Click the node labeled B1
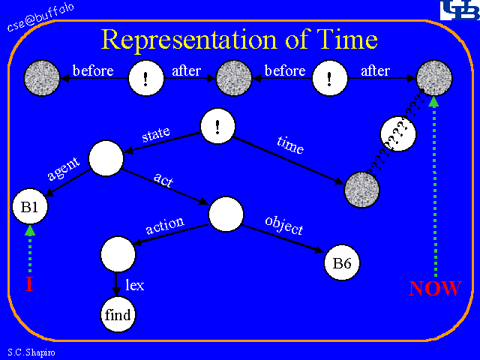click(29, 207)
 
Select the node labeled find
click(118, 313)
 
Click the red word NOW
click(435, 289)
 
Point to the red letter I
click(29, 285)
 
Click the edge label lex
click(135, 285)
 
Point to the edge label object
click(284, 224)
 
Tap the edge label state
click(156, 135)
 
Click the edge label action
click(165, 226)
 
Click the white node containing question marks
click(397, 135)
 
